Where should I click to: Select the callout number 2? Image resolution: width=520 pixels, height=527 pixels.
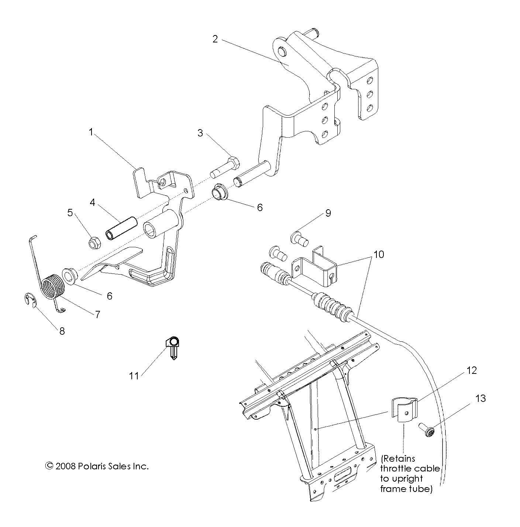pyautogui.click(x=215, y=39)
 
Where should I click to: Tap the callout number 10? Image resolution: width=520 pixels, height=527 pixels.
pyautogui.click(x=379, y=255)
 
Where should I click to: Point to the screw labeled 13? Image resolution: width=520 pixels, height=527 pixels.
pyautogui.click(x=427, y=429)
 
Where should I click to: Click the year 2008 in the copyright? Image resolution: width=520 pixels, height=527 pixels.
pyautogui.click(x=66, y=466)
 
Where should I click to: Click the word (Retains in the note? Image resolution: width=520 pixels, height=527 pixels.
pyautogui.click(x=398, y=459)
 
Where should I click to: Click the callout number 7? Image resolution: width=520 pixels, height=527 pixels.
pyautogui.click(x=97, y=314)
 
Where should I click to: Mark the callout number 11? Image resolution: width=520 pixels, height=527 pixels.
pyautogui.click(x=134, y=375)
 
